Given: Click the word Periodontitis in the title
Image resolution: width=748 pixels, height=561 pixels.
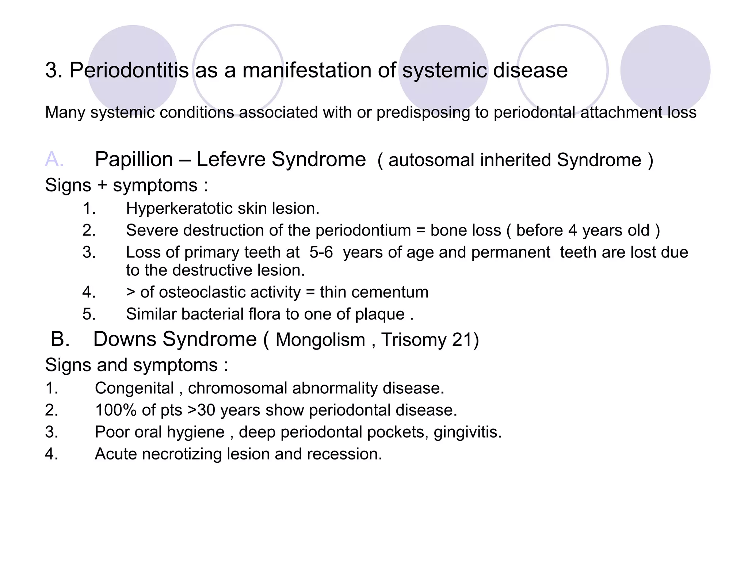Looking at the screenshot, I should click(129, 70).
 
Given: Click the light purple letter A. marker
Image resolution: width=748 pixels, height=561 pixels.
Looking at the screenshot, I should click(54, 160).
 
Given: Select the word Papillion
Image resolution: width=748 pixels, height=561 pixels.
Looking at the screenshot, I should click(134, 160).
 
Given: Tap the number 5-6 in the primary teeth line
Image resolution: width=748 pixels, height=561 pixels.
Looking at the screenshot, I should click(321, 252).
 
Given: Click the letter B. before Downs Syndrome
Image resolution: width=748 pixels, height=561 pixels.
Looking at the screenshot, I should click(60, 339).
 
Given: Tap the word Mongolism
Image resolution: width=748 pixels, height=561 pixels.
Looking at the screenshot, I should click(320, 340).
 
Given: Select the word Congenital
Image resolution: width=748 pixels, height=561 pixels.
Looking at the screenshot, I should click(134, 388).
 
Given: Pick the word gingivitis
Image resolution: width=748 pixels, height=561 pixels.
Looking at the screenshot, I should click(467, 432).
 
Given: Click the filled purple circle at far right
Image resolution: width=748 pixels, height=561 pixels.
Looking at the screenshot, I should click(665, 70).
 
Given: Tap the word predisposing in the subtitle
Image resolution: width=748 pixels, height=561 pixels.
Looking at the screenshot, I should click(423, 112).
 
